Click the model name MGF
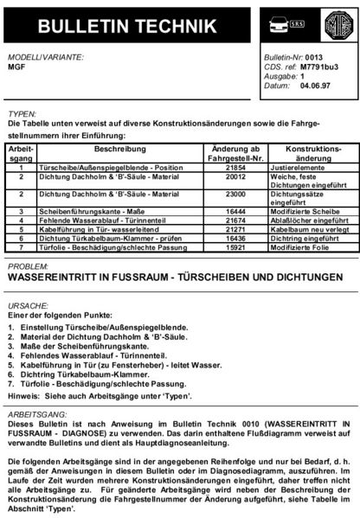pos(15,66)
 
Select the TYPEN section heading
pos(21,113)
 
